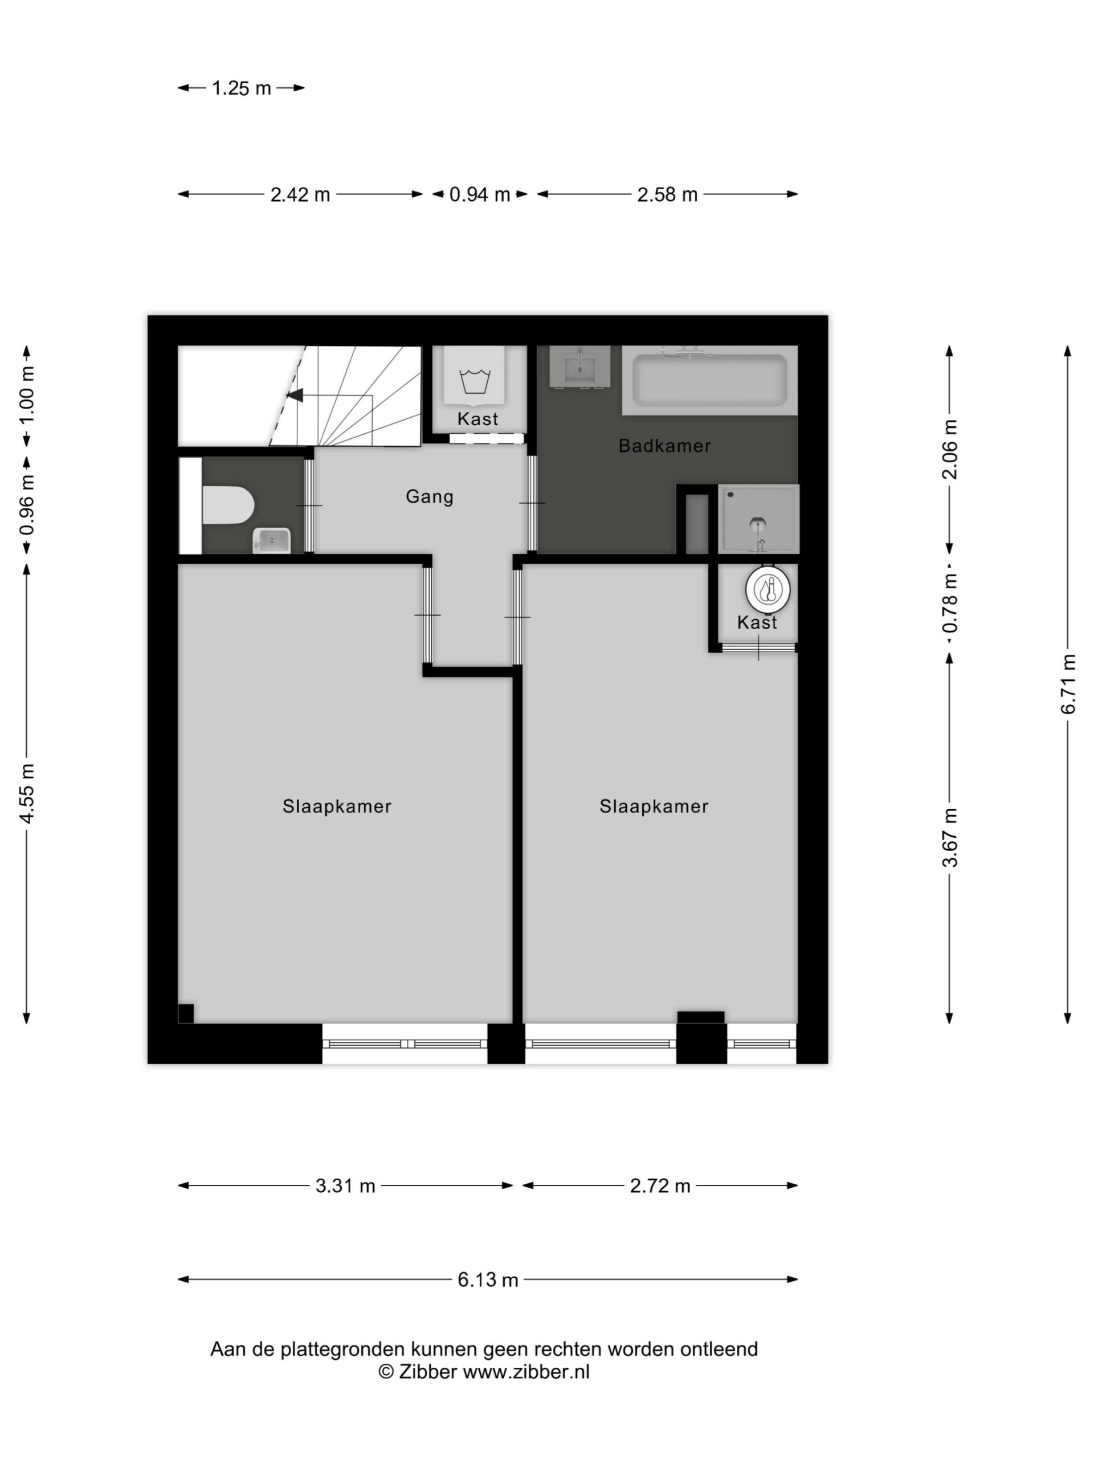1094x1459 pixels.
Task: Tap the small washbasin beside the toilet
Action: coord(272,540)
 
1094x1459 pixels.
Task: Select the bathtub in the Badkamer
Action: coord(709,381)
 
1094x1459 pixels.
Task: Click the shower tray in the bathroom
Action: coord(758,519)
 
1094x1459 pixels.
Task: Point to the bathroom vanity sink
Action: coord(579,366)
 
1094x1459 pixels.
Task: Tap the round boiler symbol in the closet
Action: coord(768,589)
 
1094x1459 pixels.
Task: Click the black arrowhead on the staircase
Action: coord(294,395)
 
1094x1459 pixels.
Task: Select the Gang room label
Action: coord(429,496)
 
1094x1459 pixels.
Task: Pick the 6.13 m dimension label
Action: coord(488,1279)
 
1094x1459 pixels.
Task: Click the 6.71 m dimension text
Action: coord(1068,684)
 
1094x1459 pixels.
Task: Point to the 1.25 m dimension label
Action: coord(242,88)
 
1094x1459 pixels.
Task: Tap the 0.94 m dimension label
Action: coord(479,194)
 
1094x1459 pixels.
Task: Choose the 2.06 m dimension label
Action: coord(950,449)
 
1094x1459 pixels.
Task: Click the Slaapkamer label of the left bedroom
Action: coord(337,806)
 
